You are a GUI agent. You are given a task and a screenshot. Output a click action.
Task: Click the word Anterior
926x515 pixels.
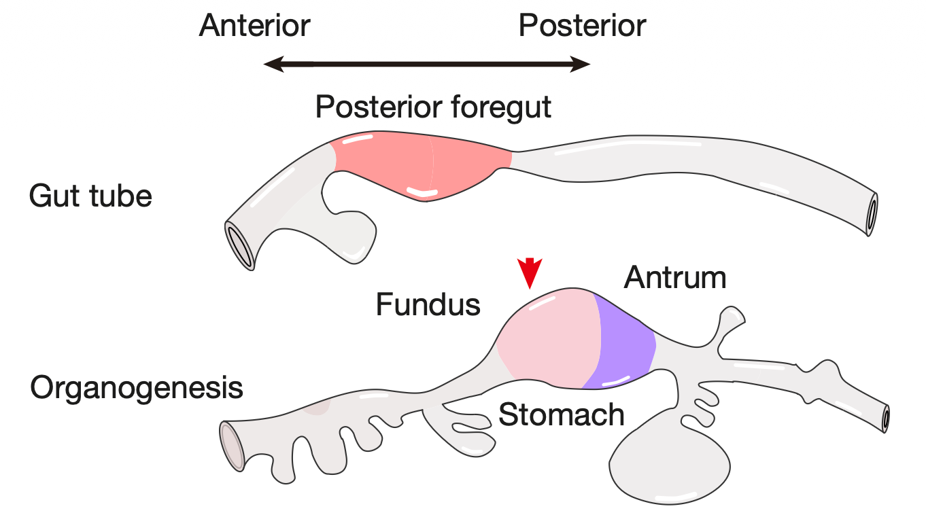[255, 26]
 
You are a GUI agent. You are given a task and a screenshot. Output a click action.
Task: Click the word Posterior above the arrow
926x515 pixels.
[582, 26]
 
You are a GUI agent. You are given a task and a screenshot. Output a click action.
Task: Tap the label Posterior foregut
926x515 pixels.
[433, 107]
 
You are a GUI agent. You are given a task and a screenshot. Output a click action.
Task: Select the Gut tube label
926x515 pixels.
[90, 196]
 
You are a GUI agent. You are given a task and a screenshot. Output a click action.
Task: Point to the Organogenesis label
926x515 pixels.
[137, 388]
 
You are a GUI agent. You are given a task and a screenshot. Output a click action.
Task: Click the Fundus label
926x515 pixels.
[428, 305]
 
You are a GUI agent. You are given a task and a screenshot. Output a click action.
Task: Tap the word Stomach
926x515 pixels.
[562, 414]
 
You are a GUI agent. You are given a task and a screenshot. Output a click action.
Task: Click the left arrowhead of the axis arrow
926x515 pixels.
[272, 65]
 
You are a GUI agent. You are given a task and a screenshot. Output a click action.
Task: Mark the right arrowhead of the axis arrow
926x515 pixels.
[582, 65]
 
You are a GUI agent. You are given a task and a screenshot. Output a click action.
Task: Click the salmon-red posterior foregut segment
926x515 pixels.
[422, 166]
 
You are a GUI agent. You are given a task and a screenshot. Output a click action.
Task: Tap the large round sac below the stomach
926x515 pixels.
[670, 465]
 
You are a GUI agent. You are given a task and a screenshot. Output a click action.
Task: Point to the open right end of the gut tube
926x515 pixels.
[872, 214]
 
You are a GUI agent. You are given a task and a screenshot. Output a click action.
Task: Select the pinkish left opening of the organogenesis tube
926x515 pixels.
[231, 445]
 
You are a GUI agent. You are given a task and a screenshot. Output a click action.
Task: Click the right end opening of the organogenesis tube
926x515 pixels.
[885, 419]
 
